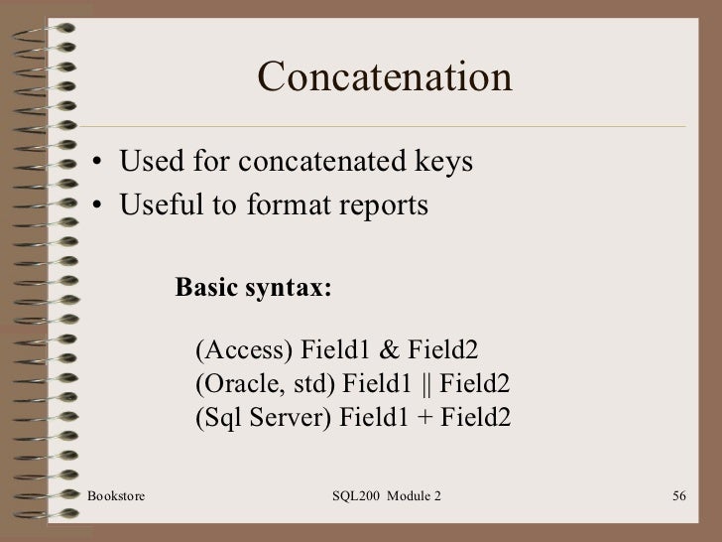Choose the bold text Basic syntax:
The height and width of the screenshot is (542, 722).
(x=254, y=287)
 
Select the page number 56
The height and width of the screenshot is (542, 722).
(x=679, y=493)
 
